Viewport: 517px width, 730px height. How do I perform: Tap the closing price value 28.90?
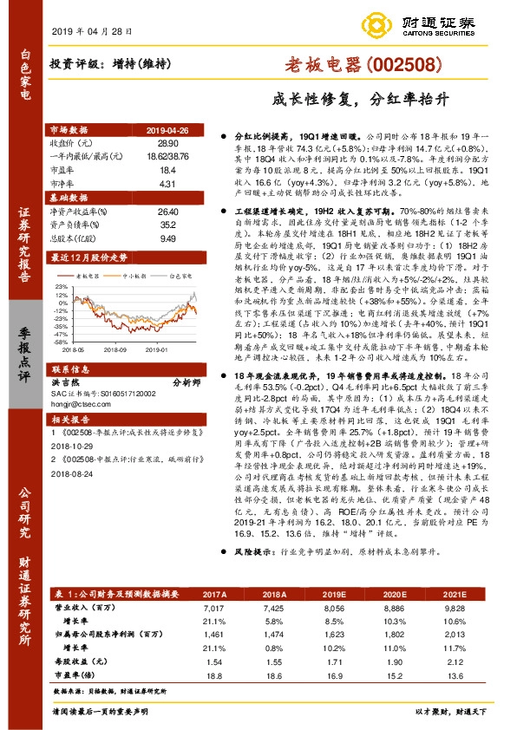pyautogui.click(x=167, y=140)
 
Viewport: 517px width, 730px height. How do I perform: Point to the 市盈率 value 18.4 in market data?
pyautogui.click(x=167, y=172)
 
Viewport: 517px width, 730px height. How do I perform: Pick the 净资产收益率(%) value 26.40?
pyautogui.click(x=167, y=211)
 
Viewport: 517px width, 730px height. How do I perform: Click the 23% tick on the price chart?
pyautogui.click(x=62, y=284)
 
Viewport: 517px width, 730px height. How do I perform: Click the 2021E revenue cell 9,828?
pyautogui.click(x=455, y=610)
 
